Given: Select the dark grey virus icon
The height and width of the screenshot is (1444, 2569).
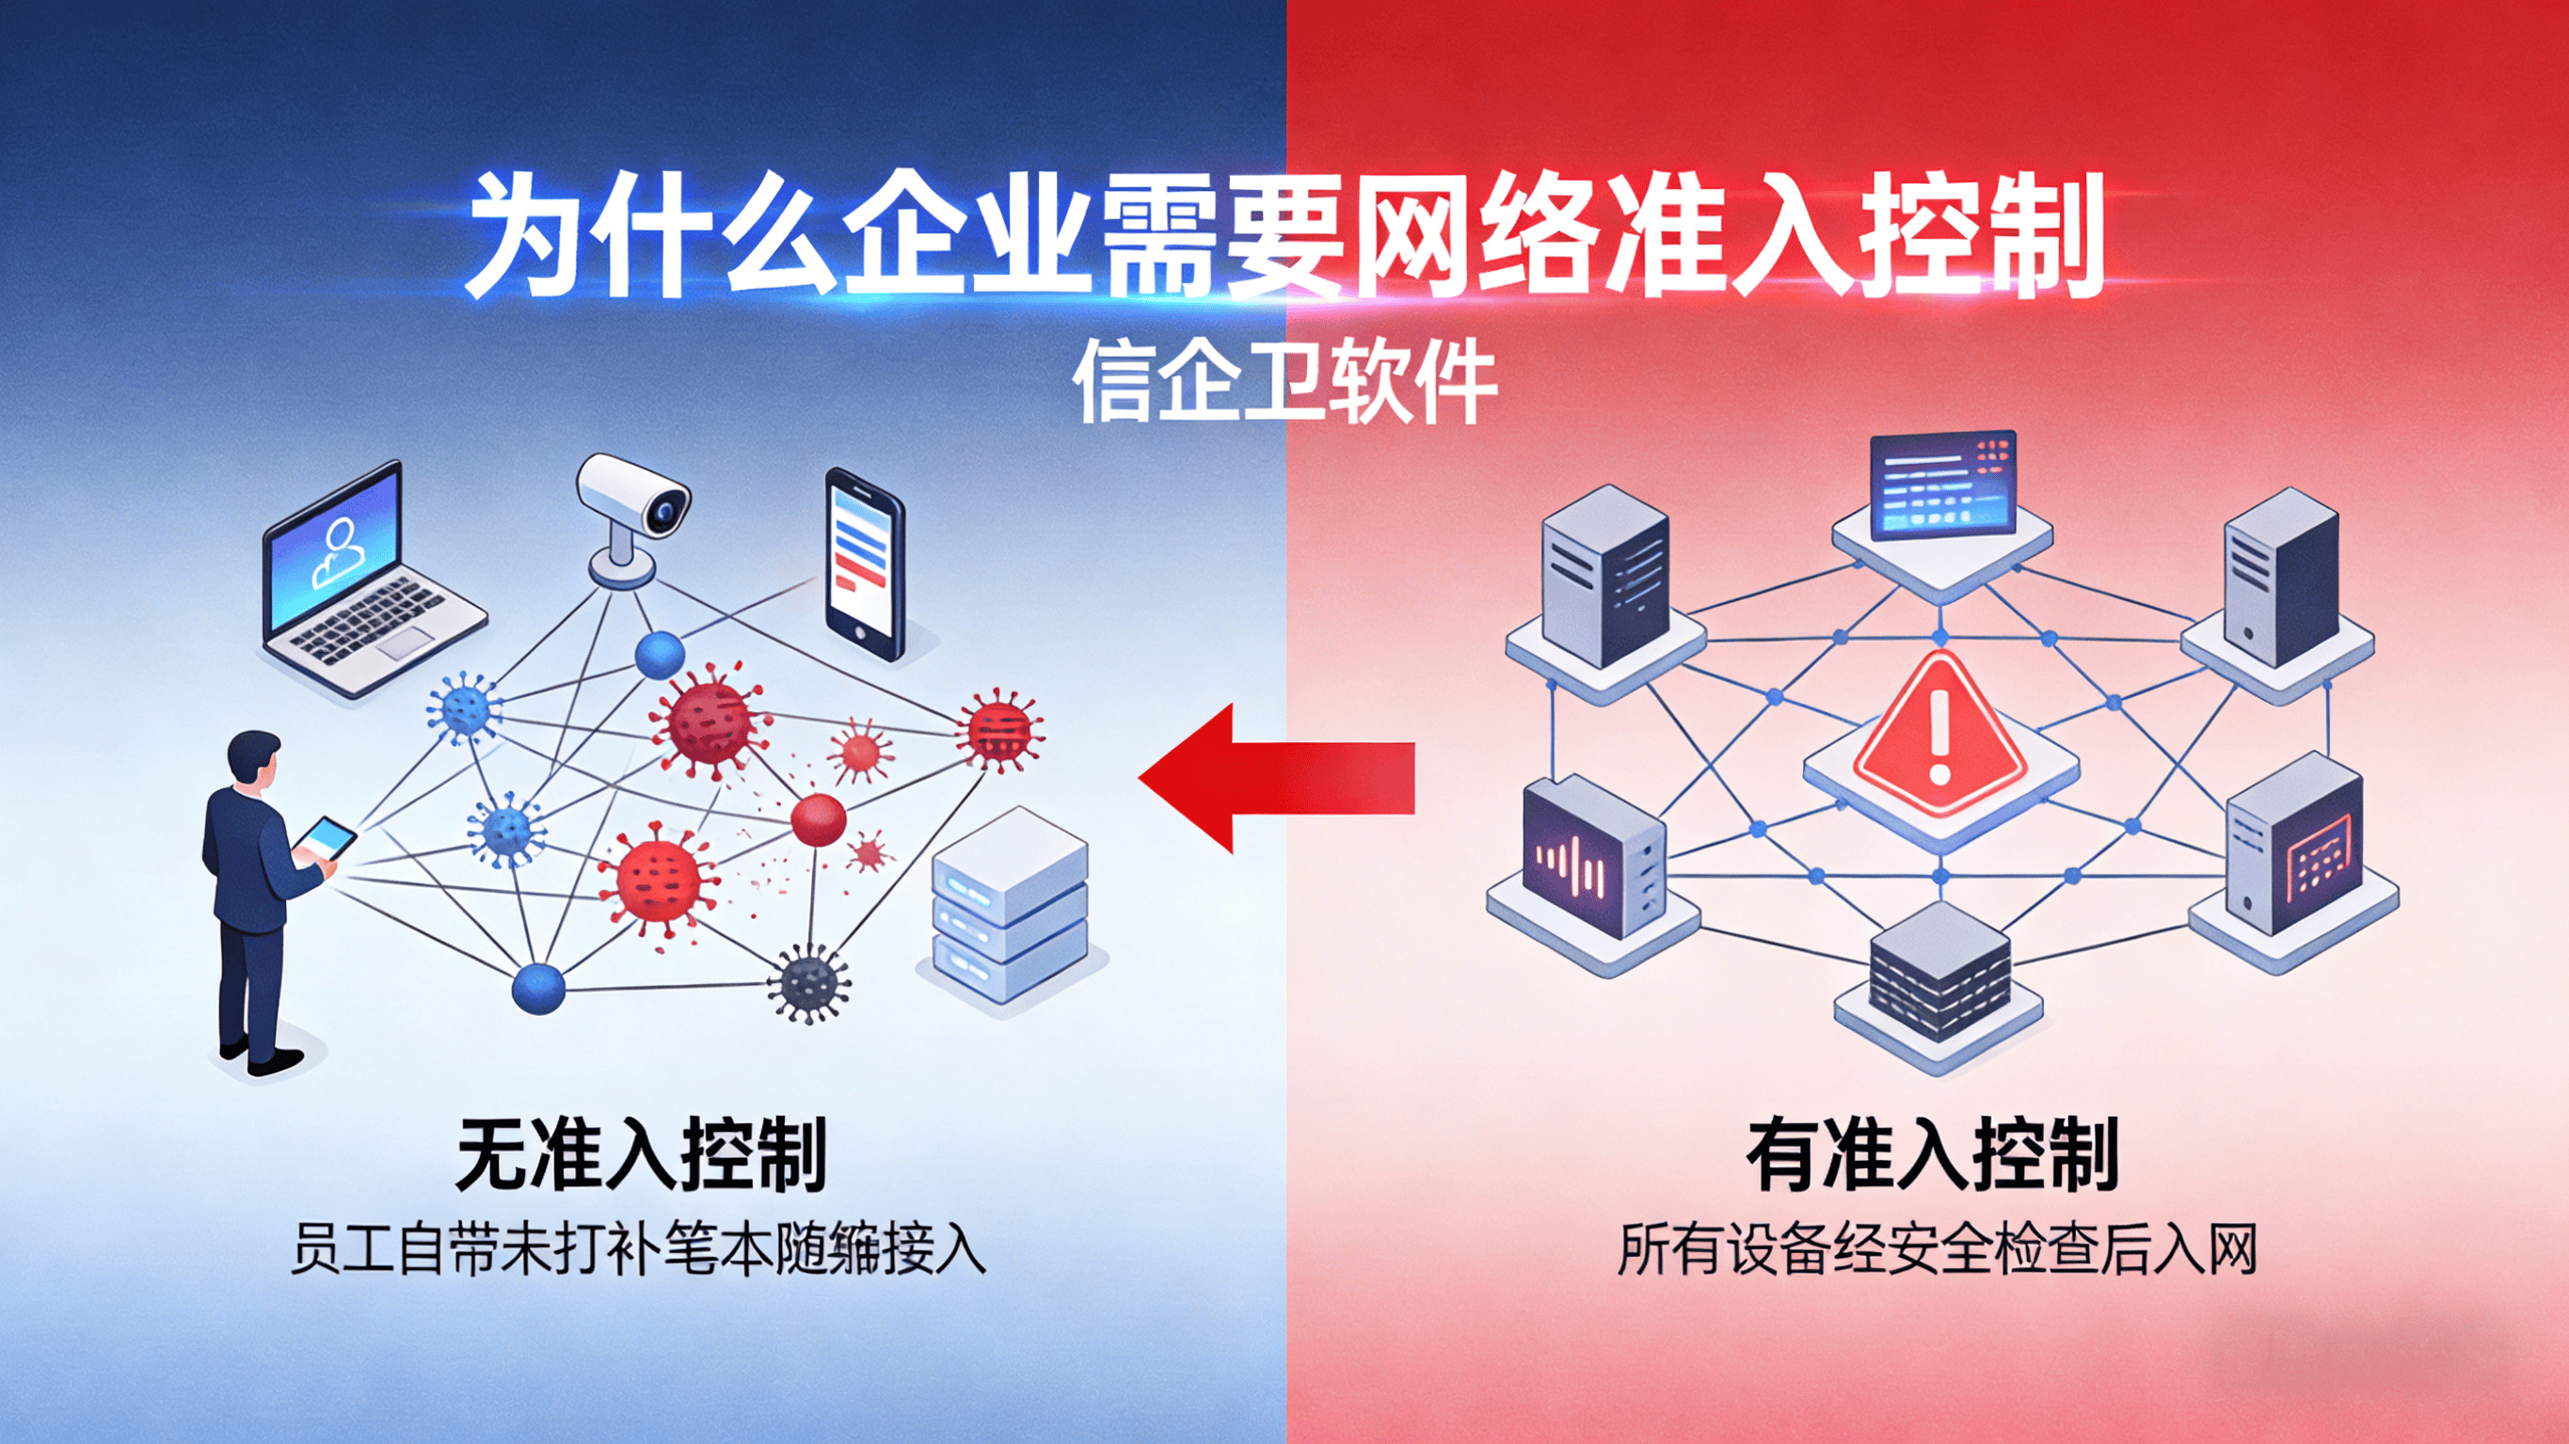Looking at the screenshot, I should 808,982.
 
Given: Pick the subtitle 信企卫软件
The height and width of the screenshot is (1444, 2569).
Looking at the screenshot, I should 1284,383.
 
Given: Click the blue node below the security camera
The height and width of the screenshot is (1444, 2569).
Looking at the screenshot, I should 660,654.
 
